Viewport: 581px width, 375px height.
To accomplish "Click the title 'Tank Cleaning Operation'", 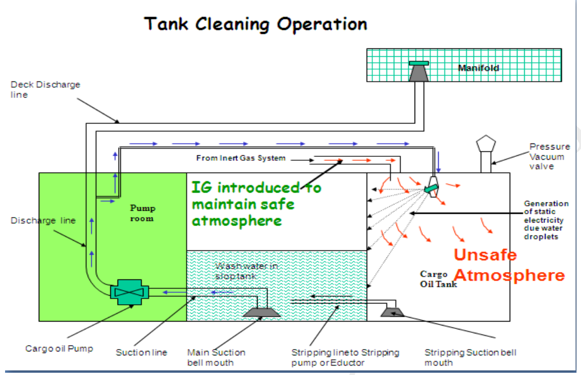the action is (255, 25).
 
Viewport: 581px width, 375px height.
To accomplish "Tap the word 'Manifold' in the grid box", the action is (479, 68).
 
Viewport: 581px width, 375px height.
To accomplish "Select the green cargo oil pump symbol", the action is (129, 292).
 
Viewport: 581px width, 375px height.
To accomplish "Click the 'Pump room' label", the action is (143, 213).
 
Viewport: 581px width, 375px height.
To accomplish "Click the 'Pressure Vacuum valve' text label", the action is (549, 156).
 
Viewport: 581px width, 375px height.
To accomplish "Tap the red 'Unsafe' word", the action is (485, 255).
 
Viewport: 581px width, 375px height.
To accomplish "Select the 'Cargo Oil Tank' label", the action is (438, 279).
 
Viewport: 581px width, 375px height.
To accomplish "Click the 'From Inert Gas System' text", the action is (241, 158).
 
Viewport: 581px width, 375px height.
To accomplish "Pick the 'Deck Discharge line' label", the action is (45, 90).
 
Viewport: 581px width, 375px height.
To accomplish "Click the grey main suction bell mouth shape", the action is (261, 313).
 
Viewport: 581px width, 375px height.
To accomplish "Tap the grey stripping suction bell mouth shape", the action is (392, 312).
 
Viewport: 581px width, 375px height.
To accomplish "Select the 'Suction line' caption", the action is (141, 353).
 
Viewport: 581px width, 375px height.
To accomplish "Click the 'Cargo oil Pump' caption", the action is (59, 349).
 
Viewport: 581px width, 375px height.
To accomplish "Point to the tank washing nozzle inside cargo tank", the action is (432, 187).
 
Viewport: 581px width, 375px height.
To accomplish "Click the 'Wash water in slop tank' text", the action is (246, 271).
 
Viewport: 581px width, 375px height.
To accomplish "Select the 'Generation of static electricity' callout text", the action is (546, 220).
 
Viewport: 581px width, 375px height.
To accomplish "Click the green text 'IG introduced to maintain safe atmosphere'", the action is (256, 204).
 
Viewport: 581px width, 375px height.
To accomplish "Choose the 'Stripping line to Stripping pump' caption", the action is (345, 357).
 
